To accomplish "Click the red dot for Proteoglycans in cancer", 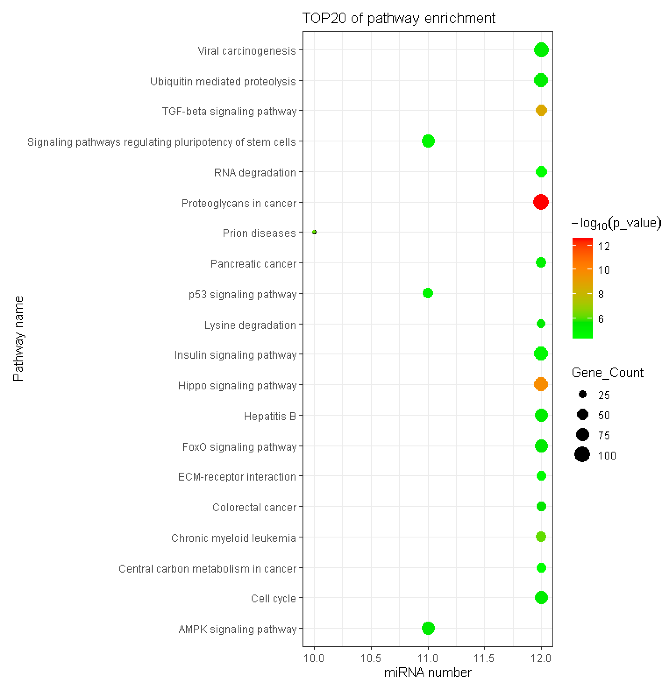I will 541,202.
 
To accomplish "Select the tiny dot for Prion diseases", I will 314,232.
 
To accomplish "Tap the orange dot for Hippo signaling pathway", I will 541,384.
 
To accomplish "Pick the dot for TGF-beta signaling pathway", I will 541,110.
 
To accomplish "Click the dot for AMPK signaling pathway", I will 428,628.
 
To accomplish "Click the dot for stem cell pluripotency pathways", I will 428,141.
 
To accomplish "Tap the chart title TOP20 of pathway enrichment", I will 398,18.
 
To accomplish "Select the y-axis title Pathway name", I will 18,338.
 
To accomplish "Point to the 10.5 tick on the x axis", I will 371,658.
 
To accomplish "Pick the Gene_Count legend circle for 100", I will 582,454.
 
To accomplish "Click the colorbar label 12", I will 604,246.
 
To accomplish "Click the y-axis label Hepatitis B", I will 270,416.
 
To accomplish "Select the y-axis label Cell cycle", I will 273,598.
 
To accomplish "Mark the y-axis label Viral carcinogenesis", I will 247,51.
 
